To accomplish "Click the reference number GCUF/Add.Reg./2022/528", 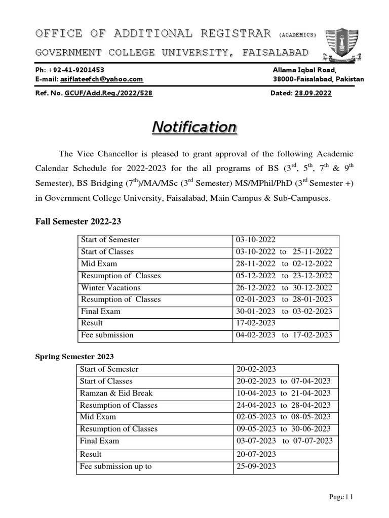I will coord(108,93).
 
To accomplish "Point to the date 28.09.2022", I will coord(314,93).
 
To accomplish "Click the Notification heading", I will coord(194,127).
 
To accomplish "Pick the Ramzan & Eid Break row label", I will coord(116,393).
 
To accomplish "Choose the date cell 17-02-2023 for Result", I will coord(255,323).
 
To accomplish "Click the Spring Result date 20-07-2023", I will coord(256,454).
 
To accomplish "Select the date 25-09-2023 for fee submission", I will coord(256,466).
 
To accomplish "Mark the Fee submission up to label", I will coord(116,466).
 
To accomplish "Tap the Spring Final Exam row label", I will coord(100,441).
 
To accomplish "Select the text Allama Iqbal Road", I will coord(304,70).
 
